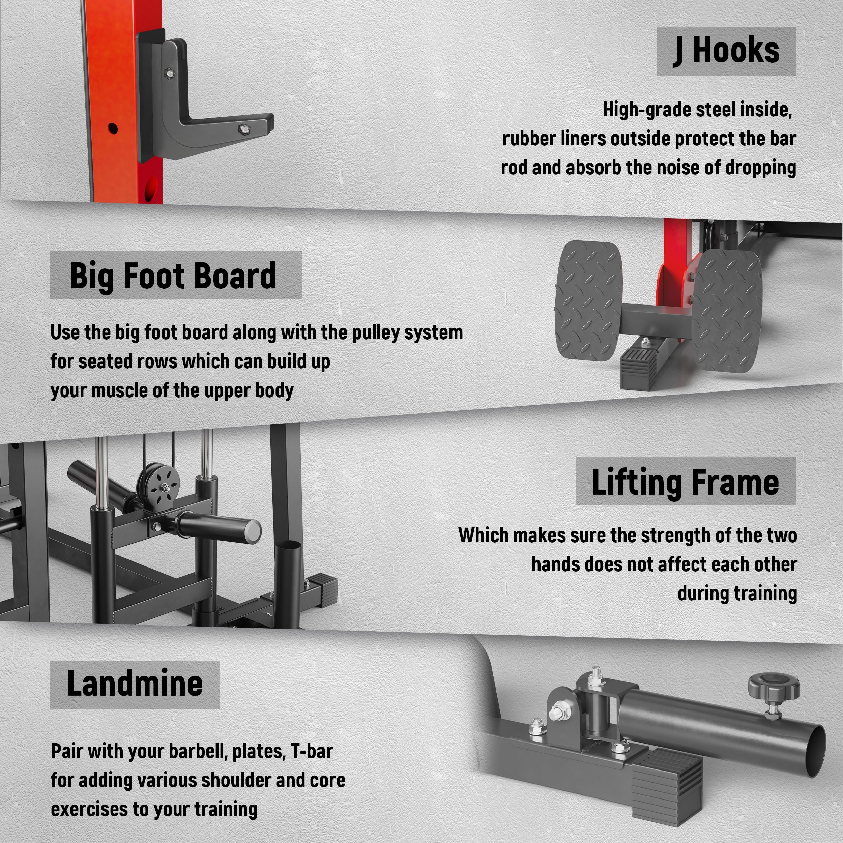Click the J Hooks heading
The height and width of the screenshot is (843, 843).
pyautogui.click(x=727, y=51)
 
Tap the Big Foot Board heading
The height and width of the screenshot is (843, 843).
pyautogui.click(x=173, y=276)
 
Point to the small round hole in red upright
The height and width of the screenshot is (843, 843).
pyautogui.click(x=113, y=129)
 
